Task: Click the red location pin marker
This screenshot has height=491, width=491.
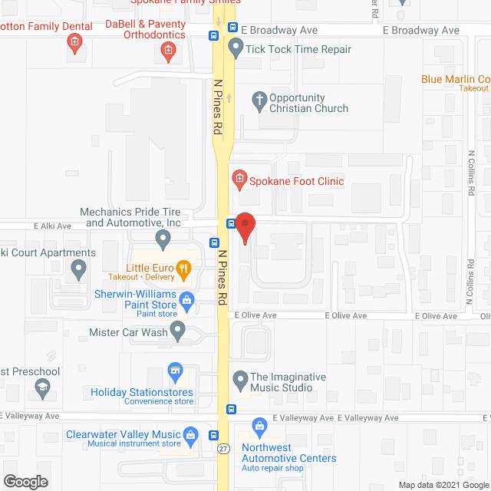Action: click(245, 226)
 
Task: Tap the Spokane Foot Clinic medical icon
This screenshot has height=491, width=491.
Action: click(239, 180)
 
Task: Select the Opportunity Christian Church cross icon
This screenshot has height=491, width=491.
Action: click(259, 99)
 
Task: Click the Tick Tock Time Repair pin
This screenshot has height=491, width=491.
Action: click(235, 50)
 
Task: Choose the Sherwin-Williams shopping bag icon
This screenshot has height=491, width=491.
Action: click(186, 298)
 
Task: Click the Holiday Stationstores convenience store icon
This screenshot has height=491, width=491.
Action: click(176, 371)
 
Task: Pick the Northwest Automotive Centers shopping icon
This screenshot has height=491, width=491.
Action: click(259, 424)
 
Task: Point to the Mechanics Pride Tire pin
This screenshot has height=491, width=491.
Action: click(163, 240)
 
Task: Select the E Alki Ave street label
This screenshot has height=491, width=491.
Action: click(52, 226)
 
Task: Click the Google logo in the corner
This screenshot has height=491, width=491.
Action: click(25, 482)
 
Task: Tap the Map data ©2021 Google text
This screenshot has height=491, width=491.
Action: click(442, 484)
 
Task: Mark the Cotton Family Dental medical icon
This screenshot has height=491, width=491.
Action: click(74, 43)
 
